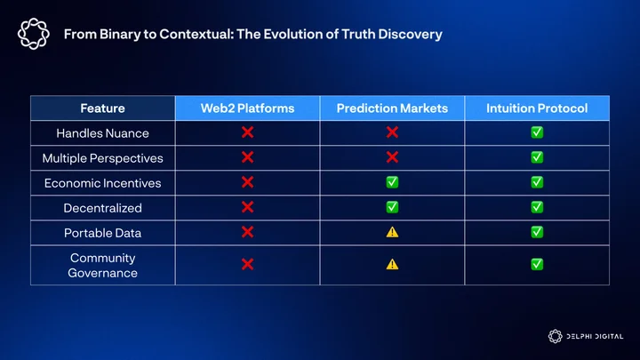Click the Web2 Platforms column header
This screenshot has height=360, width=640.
(247, 108)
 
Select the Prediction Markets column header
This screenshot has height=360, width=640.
(392, 108)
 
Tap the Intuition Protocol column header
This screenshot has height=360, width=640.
(537, 108)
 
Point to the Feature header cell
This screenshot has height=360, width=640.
(102, 108)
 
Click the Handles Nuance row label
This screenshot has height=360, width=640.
(102, 133)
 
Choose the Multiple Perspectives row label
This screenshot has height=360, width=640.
(102, 158)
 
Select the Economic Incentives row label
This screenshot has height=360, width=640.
(102, 183)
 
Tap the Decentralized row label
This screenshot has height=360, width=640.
(102, 208)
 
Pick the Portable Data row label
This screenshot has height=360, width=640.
(102, 233)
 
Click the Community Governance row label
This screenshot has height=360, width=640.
(102, 265)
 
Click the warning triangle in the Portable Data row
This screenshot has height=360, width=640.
(392, 232)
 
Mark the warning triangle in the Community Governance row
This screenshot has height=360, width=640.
(392, 265)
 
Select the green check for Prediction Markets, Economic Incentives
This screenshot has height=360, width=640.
(392, 182)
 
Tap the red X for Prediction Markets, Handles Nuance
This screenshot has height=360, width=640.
(392, 132)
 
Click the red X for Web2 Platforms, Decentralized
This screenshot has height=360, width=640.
(247, 207)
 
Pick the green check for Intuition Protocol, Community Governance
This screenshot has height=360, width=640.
(537, 264)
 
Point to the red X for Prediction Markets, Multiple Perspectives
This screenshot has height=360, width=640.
(392, 157)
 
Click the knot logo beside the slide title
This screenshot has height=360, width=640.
(34, 34)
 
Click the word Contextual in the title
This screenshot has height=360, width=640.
(196, 35)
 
